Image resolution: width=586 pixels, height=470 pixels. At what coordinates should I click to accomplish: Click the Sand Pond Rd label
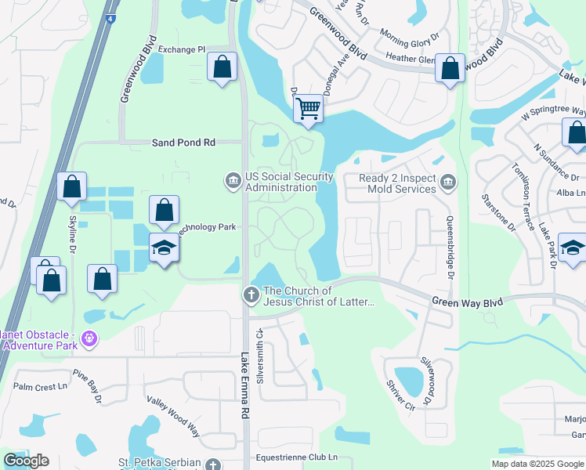(x=183, y=143)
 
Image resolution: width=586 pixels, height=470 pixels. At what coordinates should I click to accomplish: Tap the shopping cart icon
(x=309, y=108)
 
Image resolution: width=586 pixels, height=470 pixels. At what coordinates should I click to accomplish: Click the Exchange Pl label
(x=180, y=49)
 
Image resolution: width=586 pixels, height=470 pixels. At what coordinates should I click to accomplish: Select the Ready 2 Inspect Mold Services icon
(x=447, y=183)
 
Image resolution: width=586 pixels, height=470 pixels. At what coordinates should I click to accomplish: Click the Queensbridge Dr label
(x=451, y=248)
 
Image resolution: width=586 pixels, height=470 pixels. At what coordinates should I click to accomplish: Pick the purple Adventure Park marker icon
(x=89, y=339)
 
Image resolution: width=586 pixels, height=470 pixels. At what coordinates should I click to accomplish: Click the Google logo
(x=26, y=461)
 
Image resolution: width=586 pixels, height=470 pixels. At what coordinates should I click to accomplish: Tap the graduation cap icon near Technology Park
(x=165, y=248)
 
